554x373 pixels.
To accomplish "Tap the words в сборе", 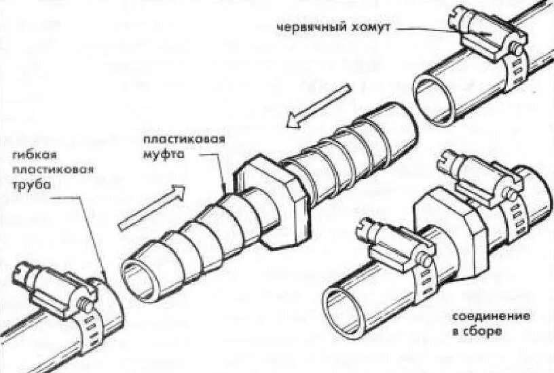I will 476,332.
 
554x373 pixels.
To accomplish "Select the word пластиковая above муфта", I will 183,141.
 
